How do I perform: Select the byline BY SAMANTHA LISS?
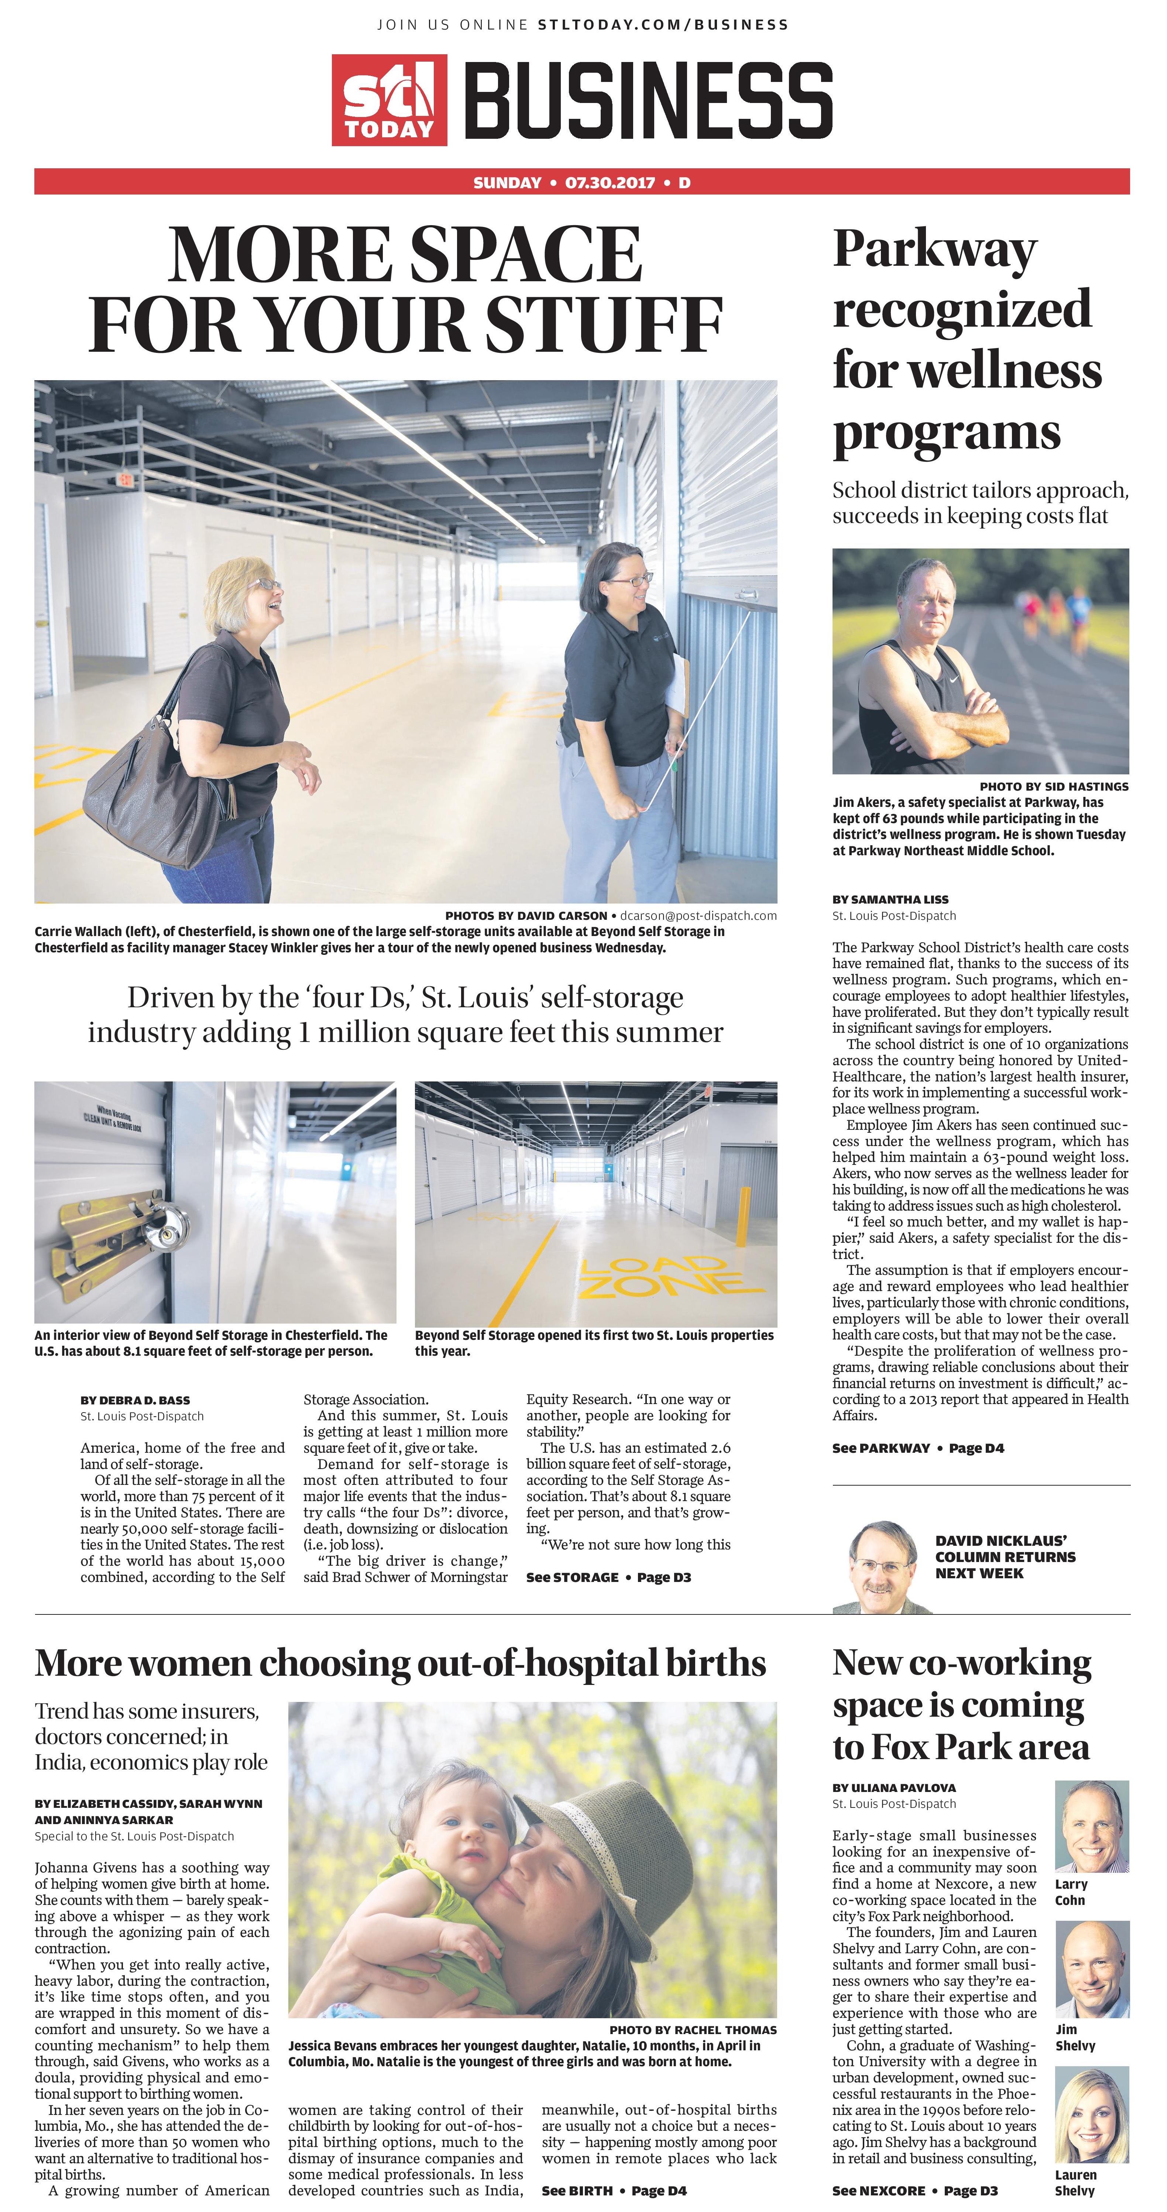pos(890,899)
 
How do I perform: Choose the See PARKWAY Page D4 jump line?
pos(917,1448)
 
